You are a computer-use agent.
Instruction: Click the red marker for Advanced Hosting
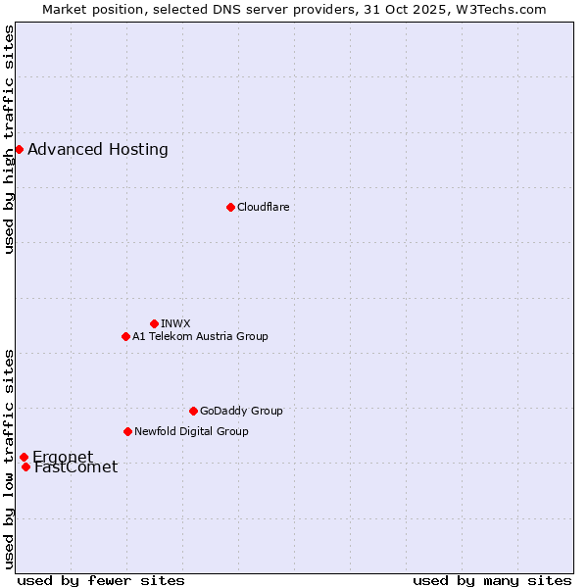pos(19,149)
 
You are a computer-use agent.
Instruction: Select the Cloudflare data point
pos(230,207)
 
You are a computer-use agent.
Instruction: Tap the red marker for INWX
pos(154,323)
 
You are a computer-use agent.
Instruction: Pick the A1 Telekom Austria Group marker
pos(125,336)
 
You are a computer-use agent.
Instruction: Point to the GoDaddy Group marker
pos(193,411)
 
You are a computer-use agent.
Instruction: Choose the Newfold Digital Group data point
pos(127,431)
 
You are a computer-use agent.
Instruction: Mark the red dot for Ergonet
pos(24,457)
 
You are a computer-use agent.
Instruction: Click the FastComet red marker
pos(25,466)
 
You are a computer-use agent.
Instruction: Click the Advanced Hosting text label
pos(98,150)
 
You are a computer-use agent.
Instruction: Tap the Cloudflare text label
pos(263,207)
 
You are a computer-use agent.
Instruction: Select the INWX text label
pos(175,323)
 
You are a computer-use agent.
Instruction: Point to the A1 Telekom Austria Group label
pos(200,336)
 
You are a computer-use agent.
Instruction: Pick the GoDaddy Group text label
pos(241,411)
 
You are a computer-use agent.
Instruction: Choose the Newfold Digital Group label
pos(191,431)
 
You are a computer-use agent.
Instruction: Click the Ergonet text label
pos(63,457)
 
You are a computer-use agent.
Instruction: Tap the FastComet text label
pos(75,467)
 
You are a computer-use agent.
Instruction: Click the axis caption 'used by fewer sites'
pos(101,580)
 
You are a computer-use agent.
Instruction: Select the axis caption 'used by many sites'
pos(492,580)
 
